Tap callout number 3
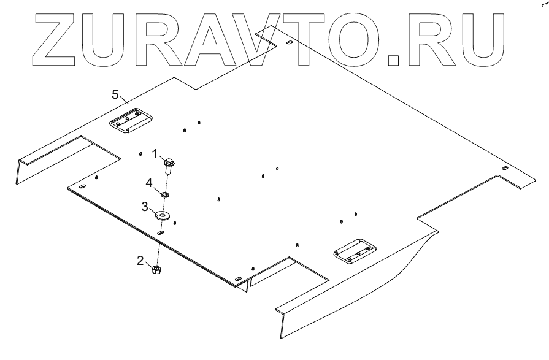145,207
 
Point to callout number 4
149,182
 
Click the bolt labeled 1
169,164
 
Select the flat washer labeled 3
163,215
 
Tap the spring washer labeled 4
166,194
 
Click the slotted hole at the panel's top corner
288,44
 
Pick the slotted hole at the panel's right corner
504,168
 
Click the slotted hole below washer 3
160,233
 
